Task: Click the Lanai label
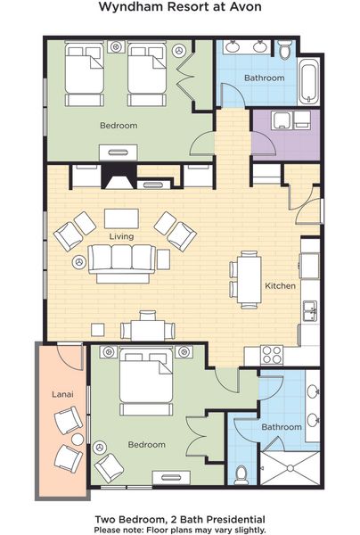(x=62, y=394)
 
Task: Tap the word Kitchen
(x=280, y=285)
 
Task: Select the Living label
(x=121, y=236)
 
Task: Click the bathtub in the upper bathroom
(x=309, y=81)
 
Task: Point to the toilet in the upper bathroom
(x=284, y=49)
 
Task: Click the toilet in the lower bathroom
(x=241, y=474)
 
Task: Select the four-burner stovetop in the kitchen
(x=272, y=355)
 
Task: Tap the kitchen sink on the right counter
(x=311, y=311)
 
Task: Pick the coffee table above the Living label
(x=121, y=218)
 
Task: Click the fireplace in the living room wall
(x=119, y=176)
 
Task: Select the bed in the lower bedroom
(x=146, y=381)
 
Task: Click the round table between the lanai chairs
(x=78, y=440)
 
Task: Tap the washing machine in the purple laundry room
(x=282, y=120)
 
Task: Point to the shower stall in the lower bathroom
(x=290, y=468)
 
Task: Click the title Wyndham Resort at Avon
(x=180, y=7)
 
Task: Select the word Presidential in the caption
(x=236, y=520)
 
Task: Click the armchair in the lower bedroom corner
(x=109, y=467)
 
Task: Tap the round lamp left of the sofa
(x=79, y=262)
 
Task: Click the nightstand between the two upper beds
(x=116, y=46)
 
